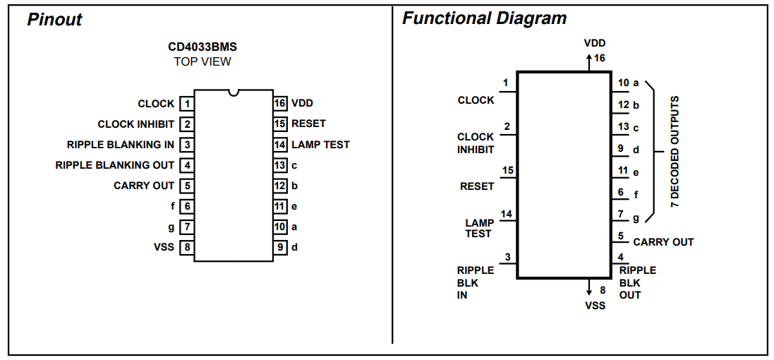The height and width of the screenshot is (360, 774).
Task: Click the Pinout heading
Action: pyautogui.click(x=54, y=20)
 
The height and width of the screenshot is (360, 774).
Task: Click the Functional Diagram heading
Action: pyautogui.click(x=484, y=19)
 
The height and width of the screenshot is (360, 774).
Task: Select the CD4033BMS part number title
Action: pyautogui.click(x=202, y=47)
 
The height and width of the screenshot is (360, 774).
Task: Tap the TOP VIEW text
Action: pyautogui.click(x=202, y=61)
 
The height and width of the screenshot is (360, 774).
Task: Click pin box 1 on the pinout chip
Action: pyautogui.click(x=186, y=104)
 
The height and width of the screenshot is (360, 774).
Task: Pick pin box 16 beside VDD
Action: pyautogui.click(x=280, y=103)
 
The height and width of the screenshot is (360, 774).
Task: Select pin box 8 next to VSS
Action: pyautogui.click(x=186, y=247)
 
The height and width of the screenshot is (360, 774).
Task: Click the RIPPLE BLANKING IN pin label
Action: pyautogui.click(x=121, y=145)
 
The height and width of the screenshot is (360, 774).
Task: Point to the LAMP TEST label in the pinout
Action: pyautogui.click(x=320, y=145)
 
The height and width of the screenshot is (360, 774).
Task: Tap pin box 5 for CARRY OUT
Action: pyautogui.click(x=186, y=186)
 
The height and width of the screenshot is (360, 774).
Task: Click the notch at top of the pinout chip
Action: pyautogui.click(x=234, y=92)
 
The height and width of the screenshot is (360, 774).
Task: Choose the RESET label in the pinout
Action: pyautogui.click(x=308, y=124)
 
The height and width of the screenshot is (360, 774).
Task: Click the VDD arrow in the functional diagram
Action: pyautogui.click(x=588, y=62)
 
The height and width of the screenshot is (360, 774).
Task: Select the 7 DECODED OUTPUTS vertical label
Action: pyautogui.click(x=675, y=151)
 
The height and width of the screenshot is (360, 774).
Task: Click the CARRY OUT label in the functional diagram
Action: pyautogui.click(x=663, y=242)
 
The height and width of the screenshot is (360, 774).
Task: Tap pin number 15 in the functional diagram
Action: pyautogui.click(x=508, y=171)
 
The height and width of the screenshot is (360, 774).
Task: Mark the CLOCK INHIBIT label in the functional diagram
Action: pyautogui.click(x=476, y=143)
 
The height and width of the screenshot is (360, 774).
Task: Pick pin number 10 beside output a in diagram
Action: pyautogui.click(x=624, y=83)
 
